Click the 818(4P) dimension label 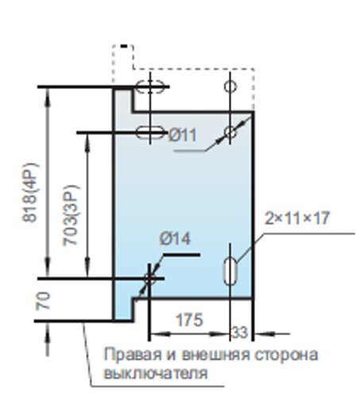30,192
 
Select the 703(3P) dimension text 71,215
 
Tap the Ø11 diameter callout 183,135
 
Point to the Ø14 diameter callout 175,238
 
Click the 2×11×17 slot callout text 297,218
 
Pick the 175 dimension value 189,319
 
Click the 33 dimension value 239,333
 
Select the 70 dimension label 43,300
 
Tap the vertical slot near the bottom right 230,272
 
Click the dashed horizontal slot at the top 150,87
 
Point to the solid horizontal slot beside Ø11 150,133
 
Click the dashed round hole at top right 230,87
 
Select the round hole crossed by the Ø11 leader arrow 230,133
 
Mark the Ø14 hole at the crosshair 149,279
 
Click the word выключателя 156,373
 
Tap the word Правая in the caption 133,354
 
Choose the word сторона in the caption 286,355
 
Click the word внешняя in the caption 216,355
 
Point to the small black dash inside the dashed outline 124,46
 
